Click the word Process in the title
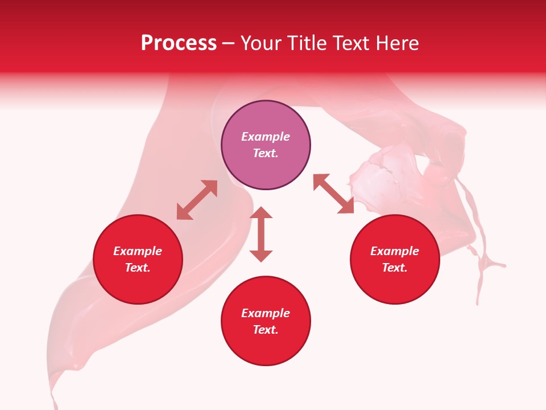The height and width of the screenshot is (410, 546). [179, 43]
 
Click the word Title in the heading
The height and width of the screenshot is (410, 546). [305, 43]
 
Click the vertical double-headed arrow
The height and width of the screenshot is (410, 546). [261, 234]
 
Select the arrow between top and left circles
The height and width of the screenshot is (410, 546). [197, 200]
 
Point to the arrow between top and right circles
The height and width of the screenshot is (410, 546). [333, 194]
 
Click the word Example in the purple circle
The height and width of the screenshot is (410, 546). [266, 137]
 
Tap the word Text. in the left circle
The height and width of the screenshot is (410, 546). [138, 268]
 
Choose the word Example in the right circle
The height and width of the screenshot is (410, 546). [395, 251]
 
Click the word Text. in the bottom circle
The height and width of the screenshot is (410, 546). [266, 330]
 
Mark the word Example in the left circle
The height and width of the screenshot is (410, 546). [138, 251]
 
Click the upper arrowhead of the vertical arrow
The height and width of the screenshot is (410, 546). [261, 214]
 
